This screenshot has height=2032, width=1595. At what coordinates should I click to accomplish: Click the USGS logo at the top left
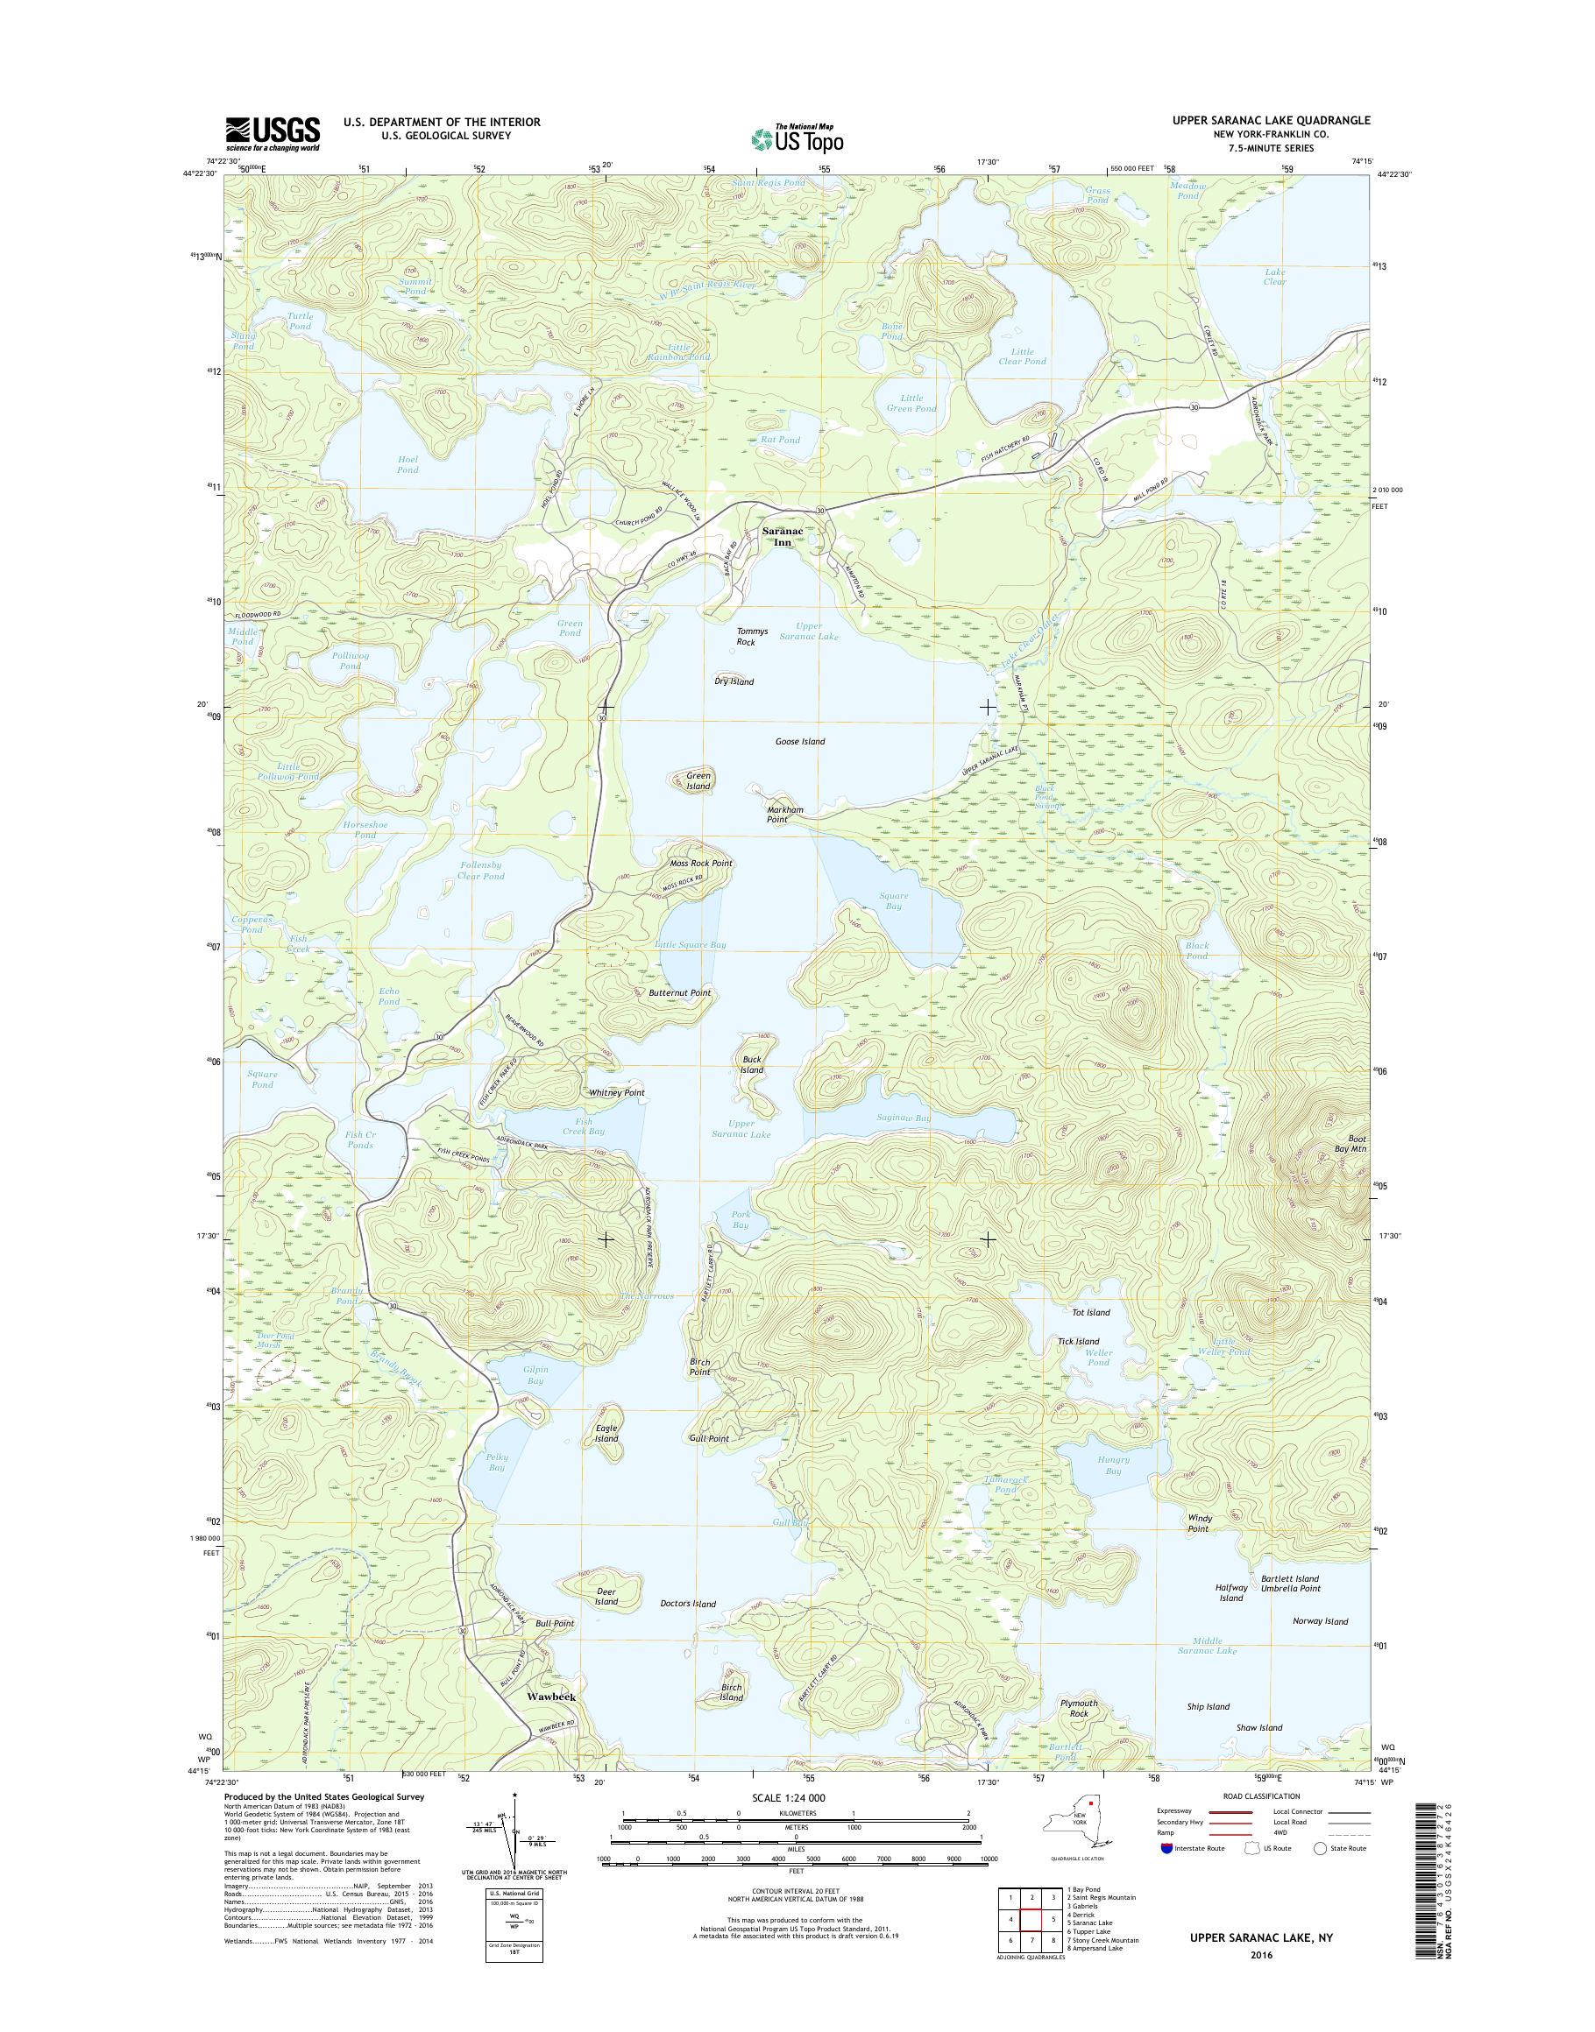[272, 134]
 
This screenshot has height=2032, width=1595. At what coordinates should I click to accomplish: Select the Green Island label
[698, 780]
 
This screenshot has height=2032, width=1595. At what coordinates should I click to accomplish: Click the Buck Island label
[752, 1064]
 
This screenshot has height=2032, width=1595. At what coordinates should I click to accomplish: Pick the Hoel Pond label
[408, 464]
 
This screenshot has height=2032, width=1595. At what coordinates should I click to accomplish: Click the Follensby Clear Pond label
[482, 871]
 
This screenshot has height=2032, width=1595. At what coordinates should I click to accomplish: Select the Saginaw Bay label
[903, 1118]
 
